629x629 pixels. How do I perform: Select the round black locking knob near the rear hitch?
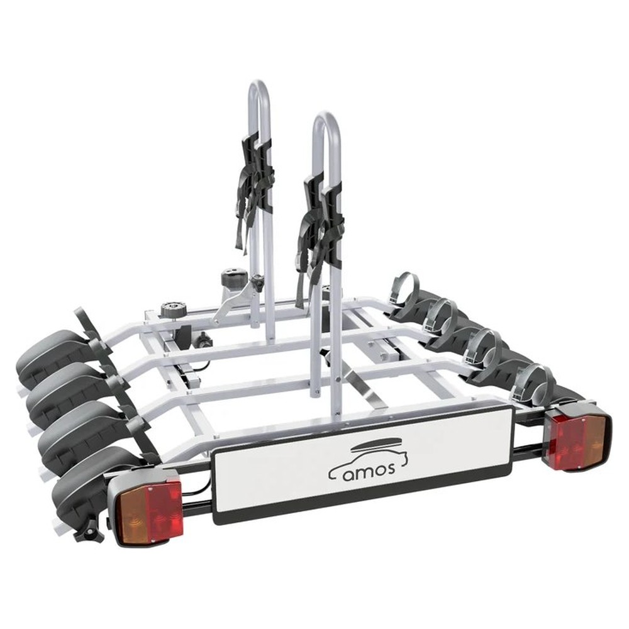[x=171, y=308]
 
